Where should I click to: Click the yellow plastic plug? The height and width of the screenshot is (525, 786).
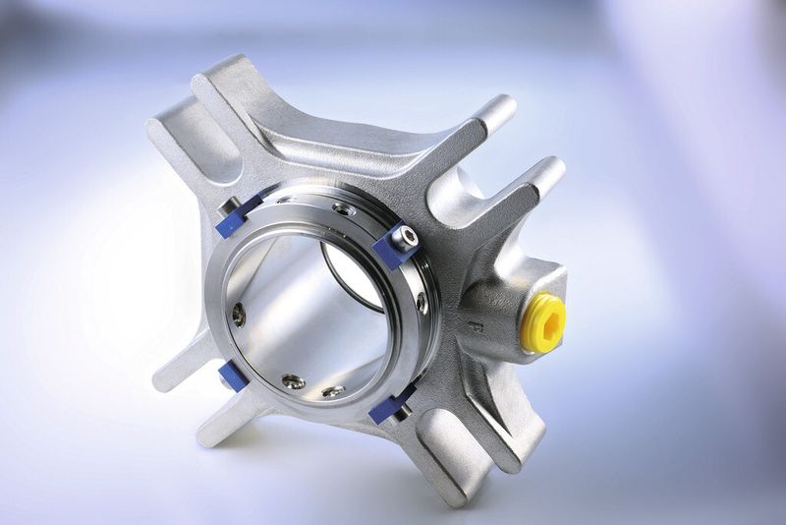(542, 321)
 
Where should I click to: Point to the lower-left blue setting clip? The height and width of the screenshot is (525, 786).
(233, 375)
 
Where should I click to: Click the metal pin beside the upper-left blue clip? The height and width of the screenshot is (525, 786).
(226, 206)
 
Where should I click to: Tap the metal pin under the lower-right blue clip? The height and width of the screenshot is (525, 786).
(401, 412)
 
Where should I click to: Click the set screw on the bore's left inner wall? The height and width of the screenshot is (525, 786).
(239, 314)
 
